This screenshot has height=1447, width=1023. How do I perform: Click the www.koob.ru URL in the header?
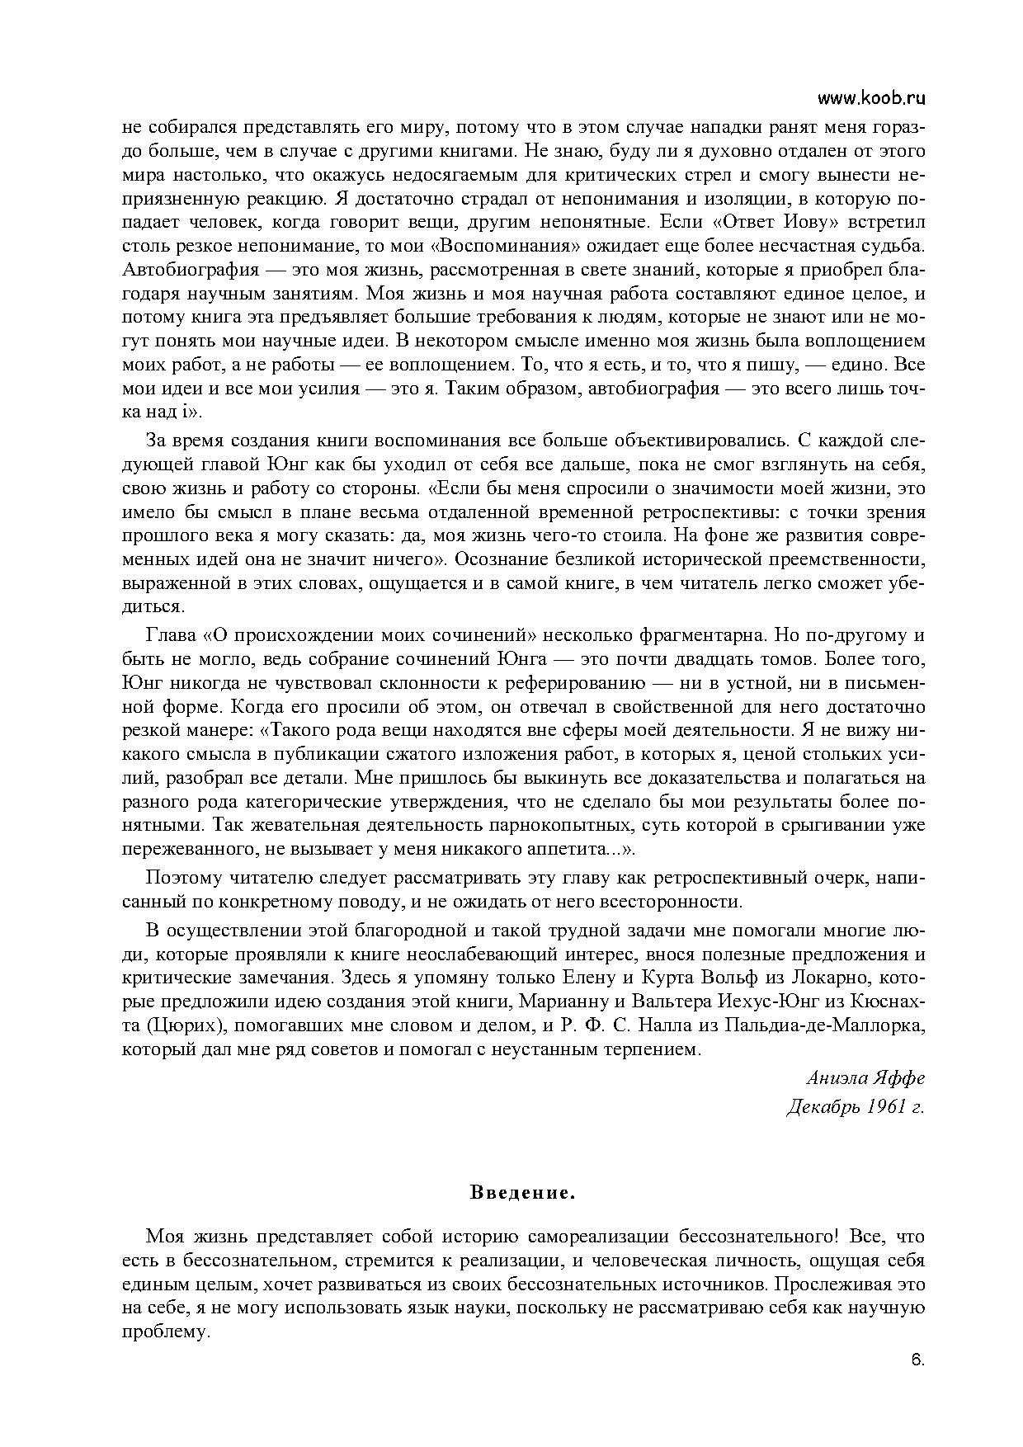tap(871, 98)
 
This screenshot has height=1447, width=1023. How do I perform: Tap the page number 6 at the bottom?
tap(917, 1360)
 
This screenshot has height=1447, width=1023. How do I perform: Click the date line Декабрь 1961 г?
tap(856, 1106)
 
